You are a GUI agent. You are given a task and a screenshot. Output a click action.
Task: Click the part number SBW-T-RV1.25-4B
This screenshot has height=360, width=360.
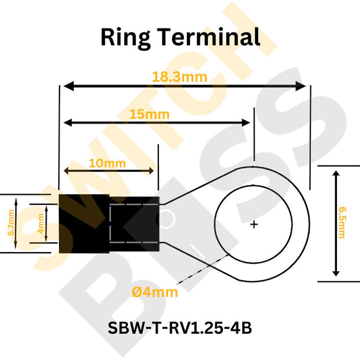(x=179, y=328)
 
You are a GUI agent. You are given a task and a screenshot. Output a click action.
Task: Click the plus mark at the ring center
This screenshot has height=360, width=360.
(x=254, y=224)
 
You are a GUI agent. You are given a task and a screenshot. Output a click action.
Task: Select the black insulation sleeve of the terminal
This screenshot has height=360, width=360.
(x=84, y=223)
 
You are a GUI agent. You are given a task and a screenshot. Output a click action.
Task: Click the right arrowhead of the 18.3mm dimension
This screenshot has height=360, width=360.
(x=302, y=86)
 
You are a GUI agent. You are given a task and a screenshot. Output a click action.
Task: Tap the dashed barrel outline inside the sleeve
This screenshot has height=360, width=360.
(x=133, y=223)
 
